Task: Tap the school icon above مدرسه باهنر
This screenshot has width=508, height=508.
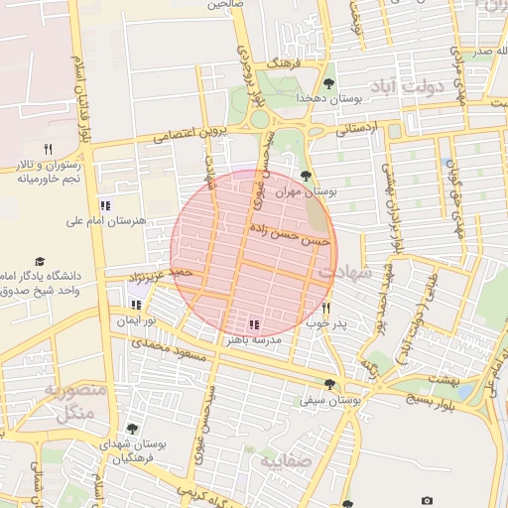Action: [x=254, y=324]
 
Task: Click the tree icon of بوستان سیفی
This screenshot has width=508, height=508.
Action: [x=329, y=385]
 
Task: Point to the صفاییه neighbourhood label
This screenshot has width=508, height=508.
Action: [x=286, y=461]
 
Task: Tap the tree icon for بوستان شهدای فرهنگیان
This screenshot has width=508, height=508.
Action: [x=132, y=429]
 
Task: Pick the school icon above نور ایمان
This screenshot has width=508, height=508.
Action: [x=134, y=306]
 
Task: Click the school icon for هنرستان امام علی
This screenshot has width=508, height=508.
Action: [x=105, y=205]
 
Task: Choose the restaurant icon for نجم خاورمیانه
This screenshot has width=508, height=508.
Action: [x=47, y=149]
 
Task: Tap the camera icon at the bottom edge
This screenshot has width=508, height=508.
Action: [x=427, y=501]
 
